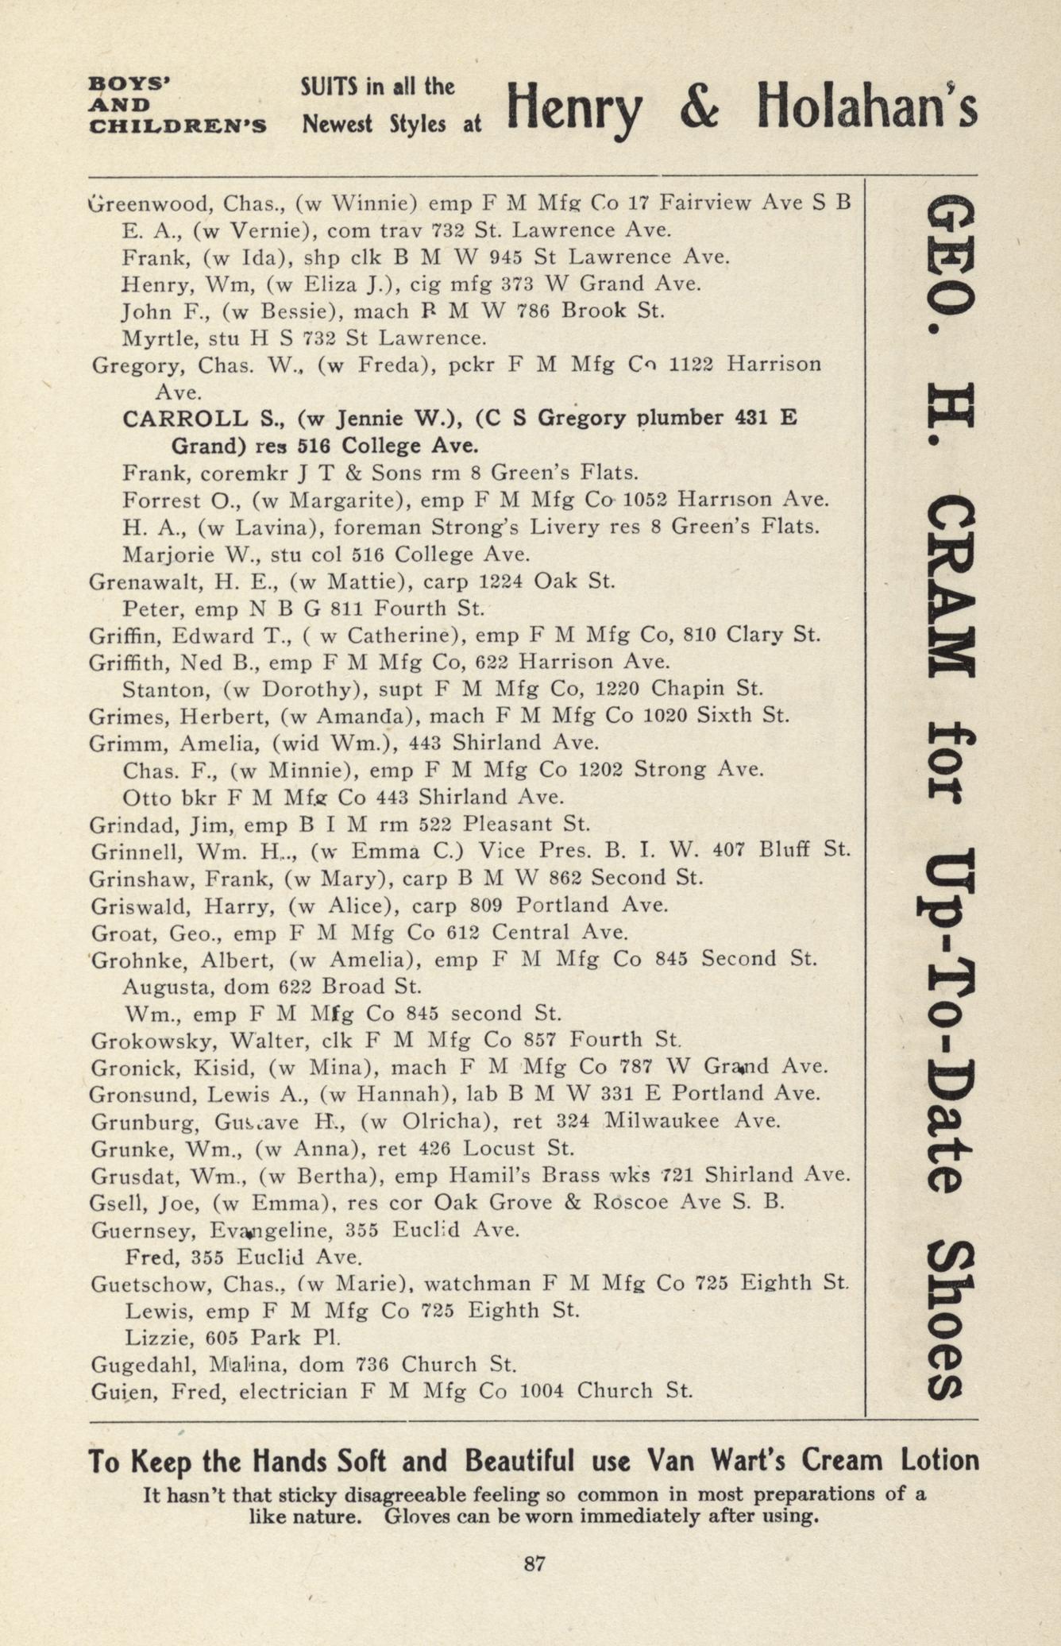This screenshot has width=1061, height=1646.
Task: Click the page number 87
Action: (x=534, y=1563)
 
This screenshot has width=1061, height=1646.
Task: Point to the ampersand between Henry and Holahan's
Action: (x=698, y=109)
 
